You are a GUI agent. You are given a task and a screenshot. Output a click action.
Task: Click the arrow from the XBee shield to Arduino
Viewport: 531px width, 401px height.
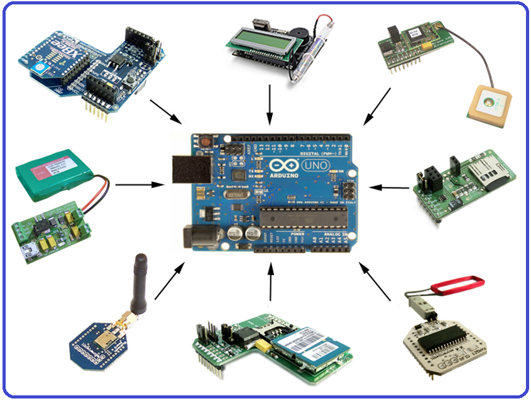[x=167, y=111]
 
